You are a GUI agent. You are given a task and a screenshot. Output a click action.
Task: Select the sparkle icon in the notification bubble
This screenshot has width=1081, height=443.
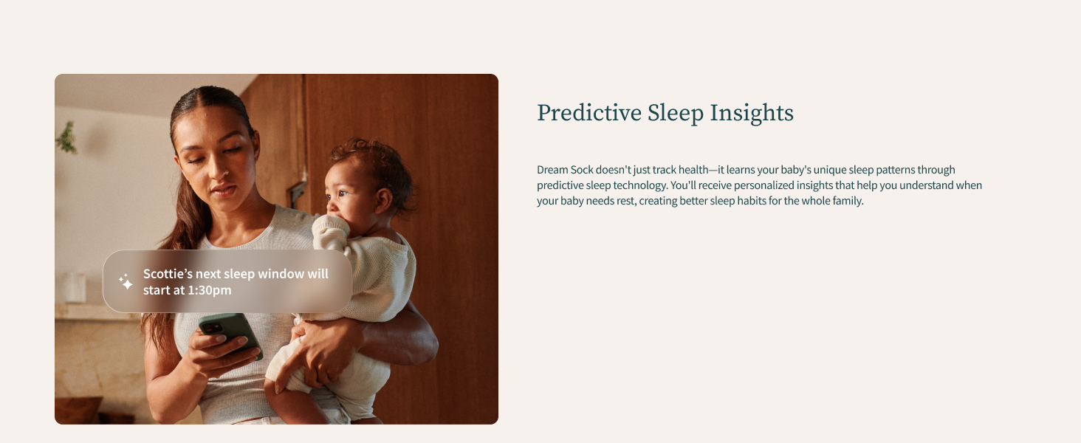126,281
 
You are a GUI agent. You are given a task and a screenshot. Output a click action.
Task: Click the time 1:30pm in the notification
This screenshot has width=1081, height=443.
209,290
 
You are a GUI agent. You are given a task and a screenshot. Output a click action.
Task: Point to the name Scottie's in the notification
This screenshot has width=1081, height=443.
168,274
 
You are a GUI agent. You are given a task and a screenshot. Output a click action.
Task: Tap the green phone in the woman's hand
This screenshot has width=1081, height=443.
229,332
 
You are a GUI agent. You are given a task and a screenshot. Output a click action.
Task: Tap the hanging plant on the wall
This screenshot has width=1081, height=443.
67,137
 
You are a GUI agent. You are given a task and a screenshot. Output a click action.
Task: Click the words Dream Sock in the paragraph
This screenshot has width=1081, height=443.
565,170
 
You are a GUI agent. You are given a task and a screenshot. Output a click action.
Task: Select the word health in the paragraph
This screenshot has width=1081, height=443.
693,170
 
